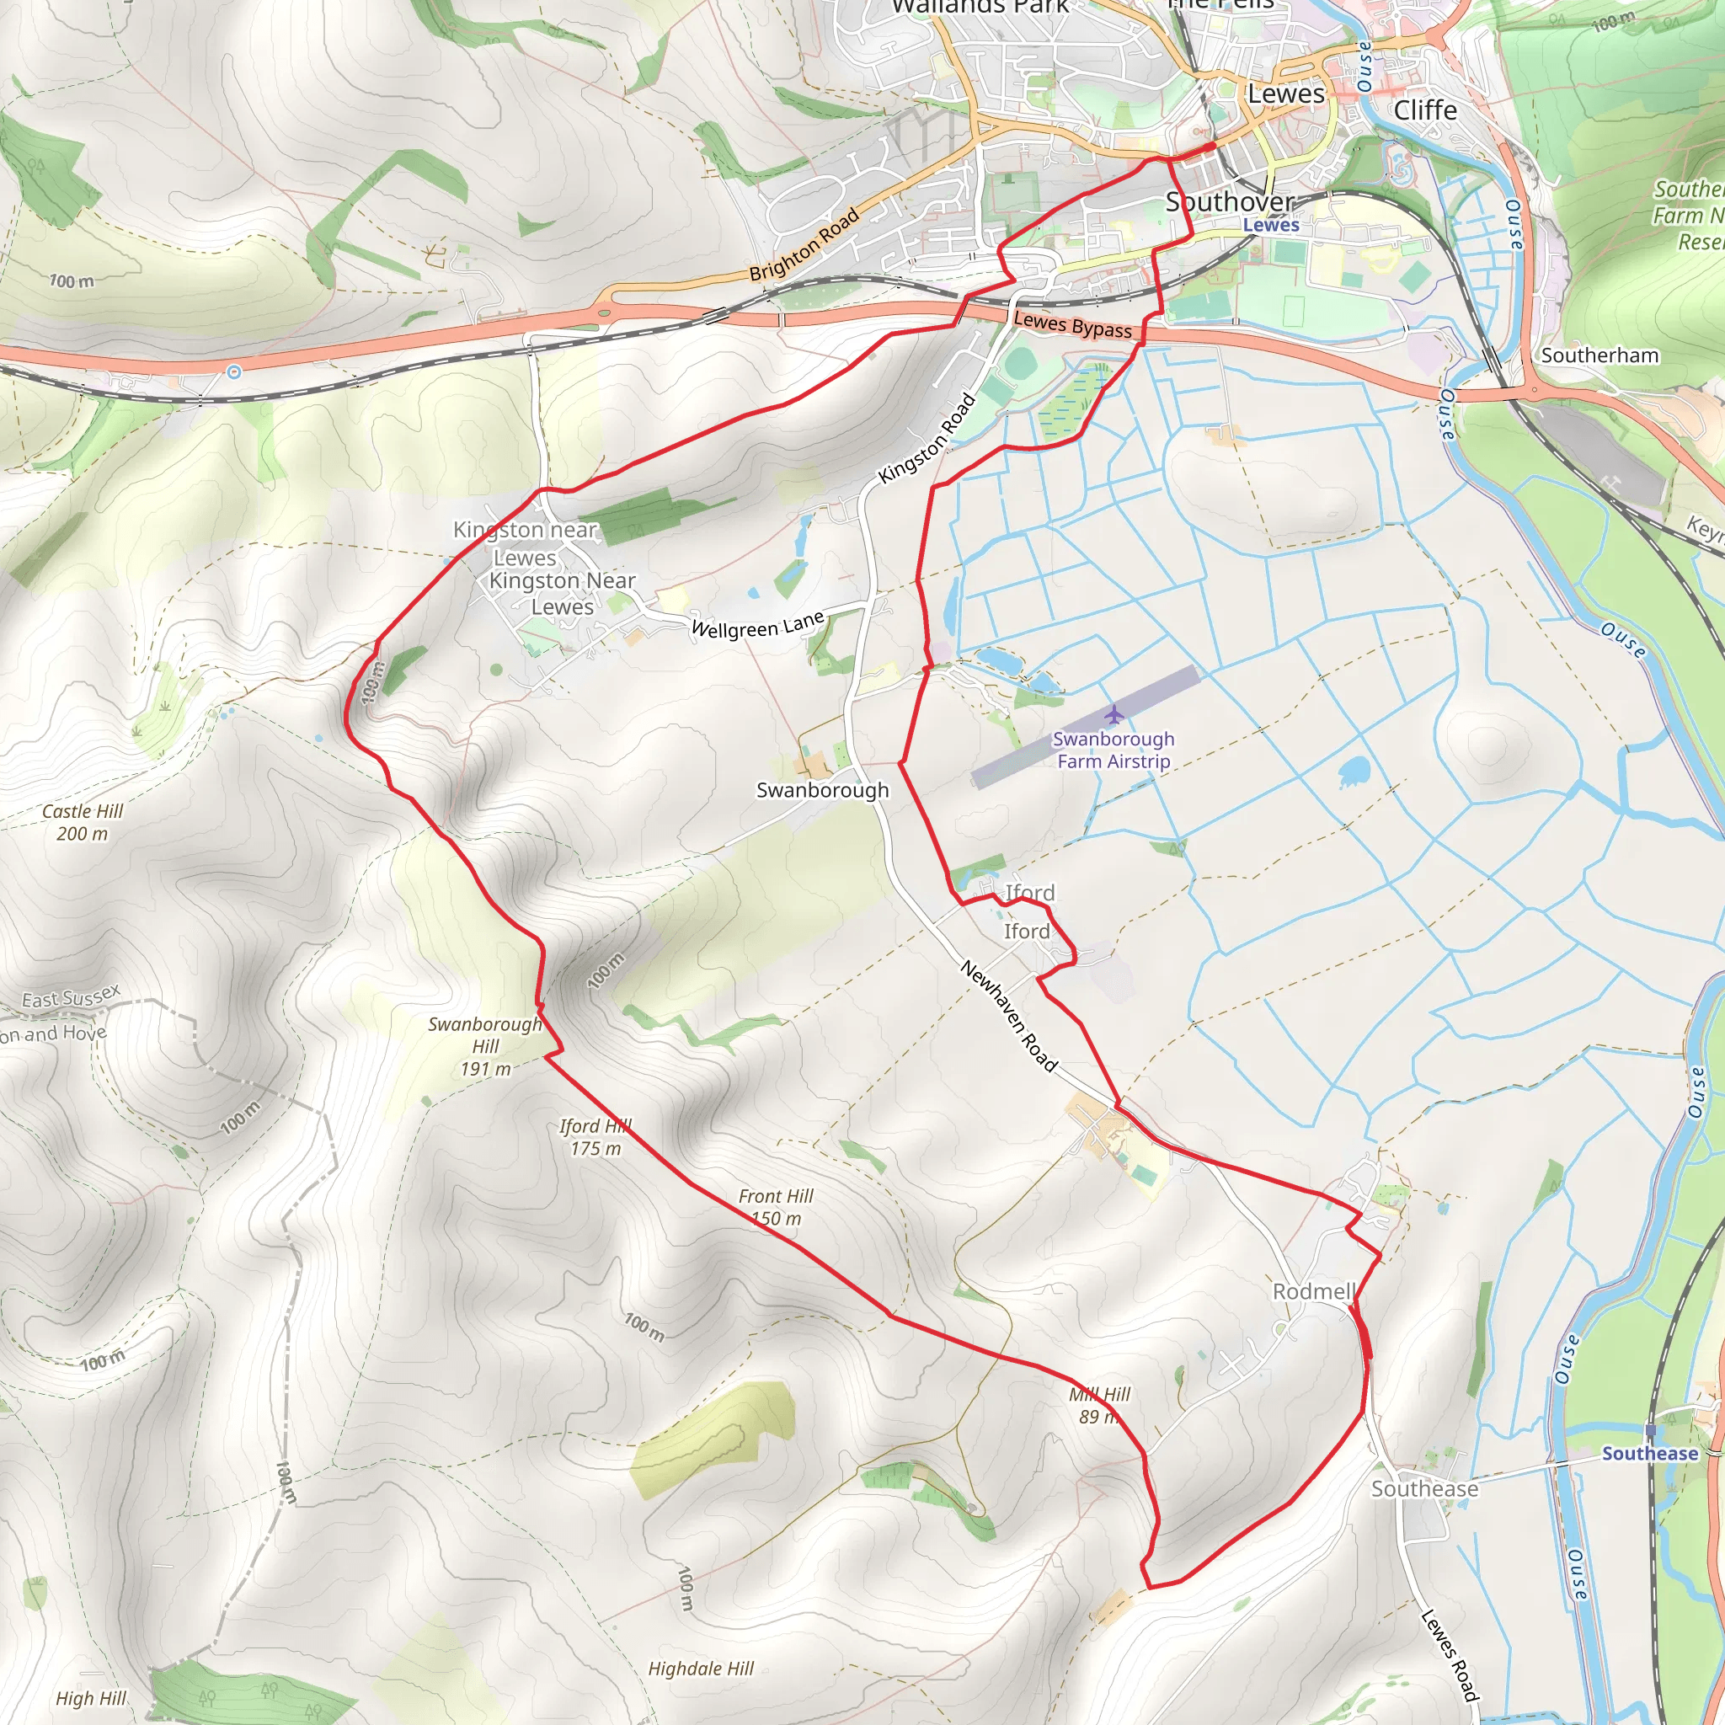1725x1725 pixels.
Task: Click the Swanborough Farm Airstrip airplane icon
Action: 1114,714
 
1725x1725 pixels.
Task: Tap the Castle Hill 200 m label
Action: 83,822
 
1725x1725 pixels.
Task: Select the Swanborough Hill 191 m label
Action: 485,1045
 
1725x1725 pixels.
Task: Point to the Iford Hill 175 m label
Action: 595,1137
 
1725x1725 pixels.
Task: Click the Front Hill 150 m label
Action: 776,1207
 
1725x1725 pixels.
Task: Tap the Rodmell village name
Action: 1313,1292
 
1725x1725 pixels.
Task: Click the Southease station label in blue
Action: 1649,1454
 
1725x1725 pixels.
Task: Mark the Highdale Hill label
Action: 701,1669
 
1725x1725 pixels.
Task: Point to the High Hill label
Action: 91,1698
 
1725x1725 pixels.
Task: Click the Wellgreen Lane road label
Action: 758,625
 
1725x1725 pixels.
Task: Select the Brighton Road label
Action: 804,244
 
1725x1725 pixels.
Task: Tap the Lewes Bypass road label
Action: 1072,325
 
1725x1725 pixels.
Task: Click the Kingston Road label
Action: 927,438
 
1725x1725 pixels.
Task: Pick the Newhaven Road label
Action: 1009,1016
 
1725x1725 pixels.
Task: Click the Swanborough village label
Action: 822,790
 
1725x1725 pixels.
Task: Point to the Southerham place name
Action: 1599,355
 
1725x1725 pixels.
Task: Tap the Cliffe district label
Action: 1425,110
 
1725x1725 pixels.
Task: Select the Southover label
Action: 1230,202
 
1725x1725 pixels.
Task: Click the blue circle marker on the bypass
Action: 234,371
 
